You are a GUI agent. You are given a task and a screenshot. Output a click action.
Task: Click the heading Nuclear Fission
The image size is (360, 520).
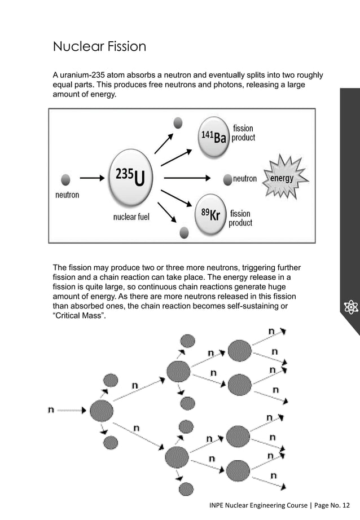tap(99, 46)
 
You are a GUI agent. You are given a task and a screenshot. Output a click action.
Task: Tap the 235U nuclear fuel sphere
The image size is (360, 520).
tap(131, 177)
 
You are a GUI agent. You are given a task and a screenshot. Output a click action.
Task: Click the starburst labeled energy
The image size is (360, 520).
tap(282, 178)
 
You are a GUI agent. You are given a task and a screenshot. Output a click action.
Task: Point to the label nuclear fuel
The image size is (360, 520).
tap(131, 217)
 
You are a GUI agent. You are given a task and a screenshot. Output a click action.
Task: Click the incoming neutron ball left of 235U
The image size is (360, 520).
tap(65, 179)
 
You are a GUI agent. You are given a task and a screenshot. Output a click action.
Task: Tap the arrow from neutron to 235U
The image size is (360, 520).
tap(92, 178)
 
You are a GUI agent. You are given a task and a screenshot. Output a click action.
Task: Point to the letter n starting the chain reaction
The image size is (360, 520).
tap(51, 409)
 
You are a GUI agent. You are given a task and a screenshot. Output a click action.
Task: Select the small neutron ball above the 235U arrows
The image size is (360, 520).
tap(178, 122)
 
